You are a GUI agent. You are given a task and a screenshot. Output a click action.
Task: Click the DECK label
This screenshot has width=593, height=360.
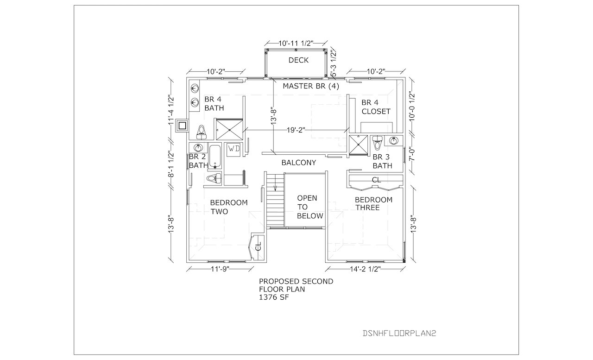298,60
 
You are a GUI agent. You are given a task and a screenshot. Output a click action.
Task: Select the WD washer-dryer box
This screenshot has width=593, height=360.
233,149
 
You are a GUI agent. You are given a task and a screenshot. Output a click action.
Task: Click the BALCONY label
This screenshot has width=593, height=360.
299,163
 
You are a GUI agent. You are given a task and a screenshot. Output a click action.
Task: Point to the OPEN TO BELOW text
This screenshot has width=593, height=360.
307,207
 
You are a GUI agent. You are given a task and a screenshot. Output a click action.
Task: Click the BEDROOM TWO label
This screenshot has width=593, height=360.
229,207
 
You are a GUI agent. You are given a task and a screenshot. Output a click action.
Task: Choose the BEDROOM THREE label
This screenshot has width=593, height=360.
373,203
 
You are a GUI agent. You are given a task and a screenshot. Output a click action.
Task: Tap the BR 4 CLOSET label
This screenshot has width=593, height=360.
376,107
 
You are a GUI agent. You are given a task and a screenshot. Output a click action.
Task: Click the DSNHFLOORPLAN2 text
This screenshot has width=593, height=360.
400,333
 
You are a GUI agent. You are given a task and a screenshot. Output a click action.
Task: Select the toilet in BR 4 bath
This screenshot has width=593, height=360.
202,131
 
